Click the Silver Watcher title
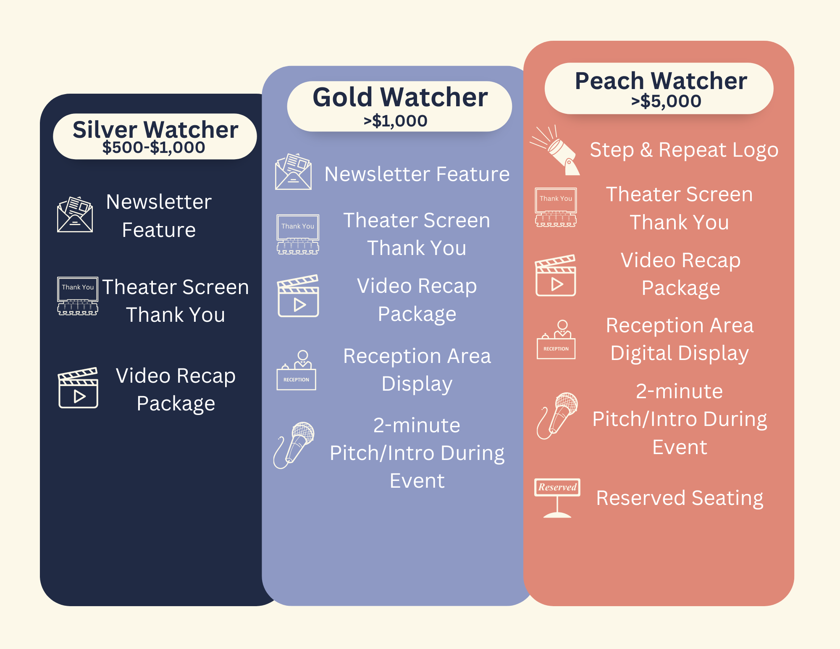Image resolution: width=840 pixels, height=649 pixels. click(x=155, y=129)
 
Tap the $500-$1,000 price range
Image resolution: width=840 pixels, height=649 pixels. click(x=154, y=147)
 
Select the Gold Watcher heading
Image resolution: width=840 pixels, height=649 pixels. click(x=400, y=97)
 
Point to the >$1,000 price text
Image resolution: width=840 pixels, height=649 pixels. click(x=396, y=121)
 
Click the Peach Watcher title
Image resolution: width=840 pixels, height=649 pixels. click(x=661, y=81)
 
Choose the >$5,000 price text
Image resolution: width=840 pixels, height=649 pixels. click(x=666, y=101)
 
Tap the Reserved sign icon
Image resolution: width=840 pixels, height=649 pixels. click(x=557, y=497)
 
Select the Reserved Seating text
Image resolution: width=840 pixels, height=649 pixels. click(x=680, y=498)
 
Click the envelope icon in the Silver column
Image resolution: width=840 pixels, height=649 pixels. click(x=75, y=214)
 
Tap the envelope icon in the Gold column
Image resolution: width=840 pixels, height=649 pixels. click(x=293, y=172)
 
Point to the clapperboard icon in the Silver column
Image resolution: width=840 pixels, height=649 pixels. click(x=78, y=388)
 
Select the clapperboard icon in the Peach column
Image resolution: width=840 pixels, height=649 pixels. click(x=556, y=275)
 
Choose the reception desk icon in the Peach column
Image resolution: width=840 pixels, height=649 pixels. click(x=556, y=340)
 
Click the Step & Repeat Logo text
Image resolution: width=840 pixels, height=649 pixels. click(x=684, y=150)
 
